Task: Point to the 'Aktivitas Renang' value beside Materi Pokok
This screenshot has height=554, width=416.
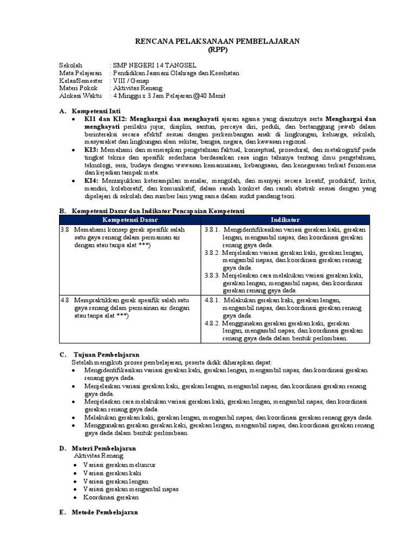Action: coord(136,88)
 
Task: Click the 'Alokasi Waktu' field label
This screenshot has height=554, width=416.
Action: coord(80,96)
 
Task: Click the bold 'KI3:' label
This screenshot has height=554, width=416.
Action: coord(91,149)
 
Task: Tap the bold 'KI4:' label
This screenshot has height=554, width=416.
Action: coord(91,180)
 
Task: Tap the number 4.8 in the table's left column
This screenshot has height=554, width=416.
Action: coord(64,300)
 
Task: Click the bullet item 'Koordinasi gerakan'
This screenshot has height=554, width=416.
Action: coord(110,497)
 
